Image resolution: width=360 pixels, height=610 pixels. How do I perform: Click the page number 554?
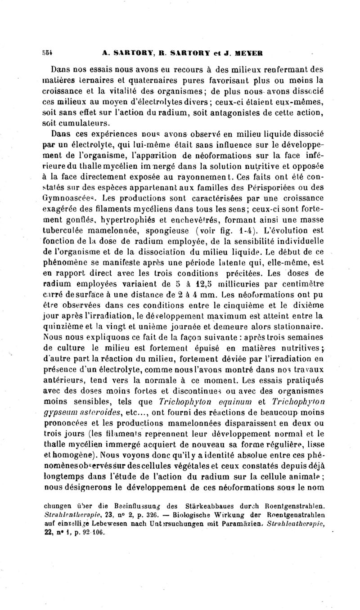point(49,52)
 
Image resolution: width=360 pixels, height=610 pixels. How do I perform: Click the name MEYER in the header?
point(250,52)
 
